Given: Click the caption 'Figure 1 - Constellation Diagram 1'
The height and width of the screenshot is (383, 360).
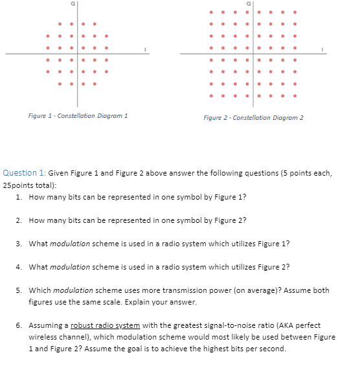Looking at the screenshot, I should point(78,115).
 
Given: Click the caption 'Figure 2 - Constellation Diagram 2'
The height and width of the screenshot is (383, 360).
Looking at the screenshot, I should point(253,117).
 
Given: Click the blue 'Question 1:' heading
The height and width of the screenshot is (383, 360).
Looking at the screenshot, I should point(24,173).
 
